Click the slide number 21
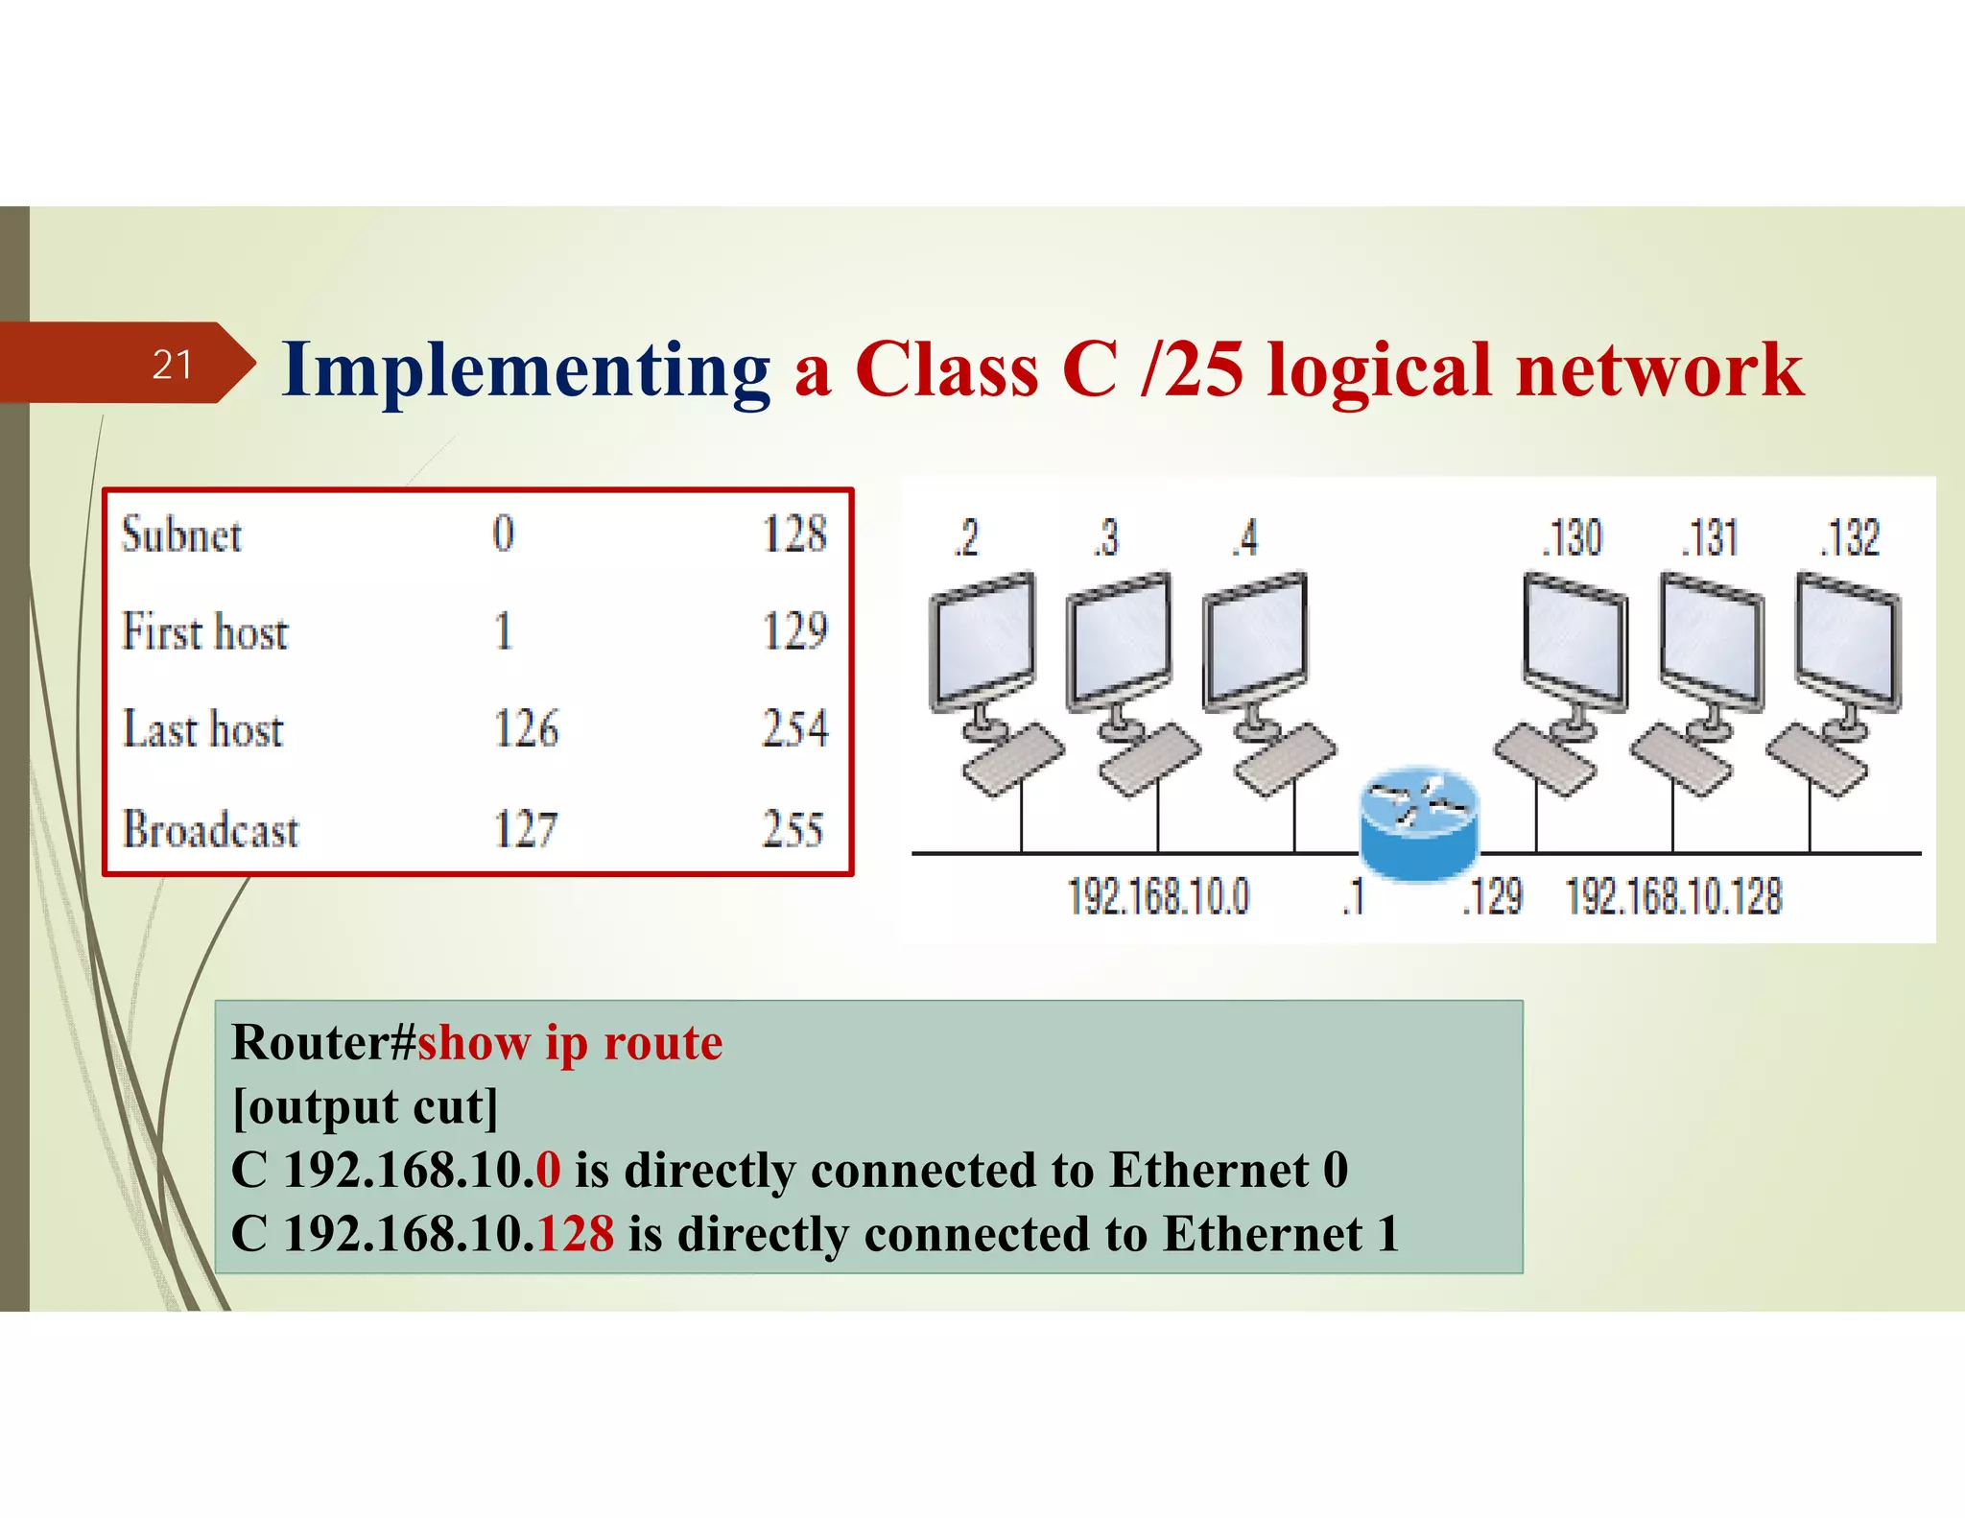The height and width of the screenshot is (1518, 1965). [x=173, y=365]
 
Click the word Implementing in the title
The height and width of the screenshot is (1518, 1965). [x=526, y=370]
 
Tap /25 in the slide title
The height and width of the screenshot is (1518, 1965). [x=1192, y=370]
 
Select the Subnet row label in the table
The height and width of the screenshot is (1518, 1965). [x=181, y=535]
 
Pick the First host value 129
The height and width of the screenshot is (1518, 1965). [x=794, y=631]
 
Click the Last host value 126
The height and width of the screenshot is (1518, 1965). [x=526, y=729]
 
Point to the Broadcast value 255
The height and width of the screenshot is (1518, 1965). [x=793, y=829]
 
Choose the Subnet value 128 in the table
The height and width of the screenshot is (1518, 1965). [x=794, y=534]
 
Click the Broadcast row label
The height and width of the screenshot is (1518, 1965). [x=211, y=830]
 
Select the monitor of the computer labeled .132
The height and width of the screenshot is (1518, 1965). [x=1848, y=641]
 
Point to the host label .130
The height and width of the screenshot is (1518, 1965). [x=1572, y=538]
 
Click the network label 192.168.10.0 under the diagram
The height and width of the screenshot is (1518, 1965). [x=1158, y=897]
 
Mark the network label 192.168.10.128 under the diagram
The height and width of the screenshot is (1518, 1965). [x=1674, y=897]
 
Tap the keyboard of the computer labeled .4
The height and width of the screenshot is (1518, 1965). [x=1284, y=760]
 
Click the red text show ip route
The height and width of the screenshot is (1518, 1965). [x=570, y=1043]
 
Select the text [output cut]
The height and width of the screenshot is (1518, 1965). [x=366, y=1106]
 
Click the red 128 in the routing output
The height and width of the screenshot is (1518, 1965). [x=576, y=1234]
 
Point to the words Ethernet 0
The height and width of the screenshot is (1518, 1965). [x=1229, y=1171]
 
